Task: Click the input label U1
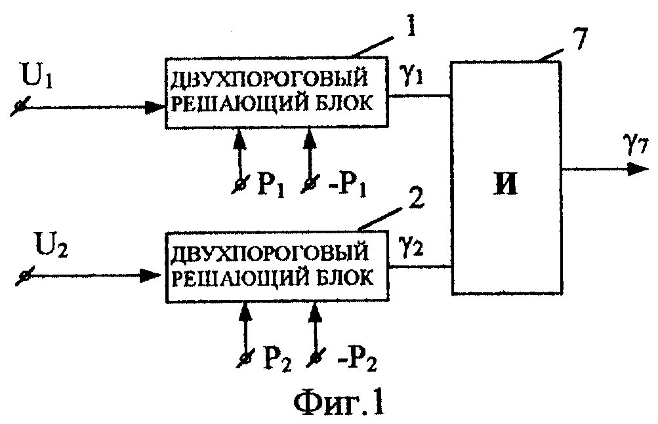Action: pyautogui.click(x=37, y=77)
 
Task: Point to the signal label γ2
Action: pyautogui.click(x=413, y=248)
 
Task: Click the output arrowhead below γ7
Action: pyautogui.click(x=638, y=170)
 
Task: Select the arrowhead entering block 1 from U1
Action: pyautogui.click(x=154, y=107)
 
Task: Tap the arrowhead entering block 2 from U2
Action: pyautogui.click(x=150, y=275)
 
